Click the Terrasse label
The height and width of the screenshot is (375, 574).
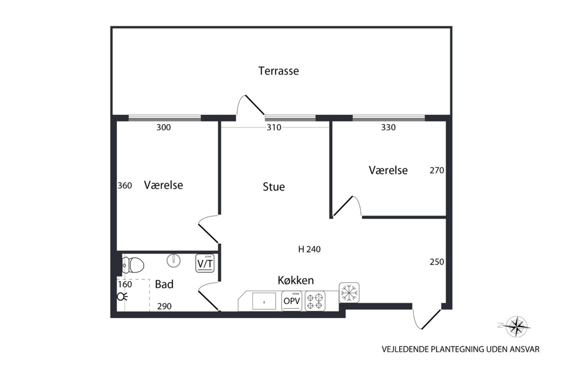[279, 71]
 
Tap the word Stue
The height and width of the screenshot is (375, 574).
[274, 187]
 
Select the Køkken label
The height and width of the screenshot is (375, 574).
[296, 280]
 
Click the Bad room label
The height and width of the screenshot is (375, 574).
[164, 284]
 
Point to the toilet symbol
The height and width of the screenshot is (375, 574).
[133, 265]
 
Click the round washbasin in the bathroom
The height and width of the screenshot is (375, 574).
[174, 261]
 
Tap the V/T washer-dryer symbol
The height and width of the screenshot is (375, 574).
[205, 263]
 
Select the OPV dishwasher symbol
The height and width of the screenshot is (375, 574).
[292, 301]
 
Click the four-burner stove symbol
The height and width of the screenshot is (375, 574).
[315, 301]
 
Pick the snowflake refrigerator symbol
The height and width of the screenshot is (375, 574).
[349, 293]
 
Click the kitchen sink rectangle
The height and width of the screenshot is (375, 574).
[264, 301]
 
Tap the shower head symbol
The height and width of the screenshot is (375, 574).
[122, 297]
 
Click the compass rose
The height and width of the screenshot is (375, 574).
[517, 326]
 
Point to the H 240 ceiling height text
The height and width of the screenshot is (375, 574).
[309, 249]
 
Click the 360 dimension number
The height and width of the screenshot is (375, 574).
[125, 185]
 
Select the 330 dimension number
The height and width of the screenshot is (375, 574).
[388, 127]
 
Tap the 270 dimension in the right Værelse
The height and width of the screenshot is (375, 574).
[437, 170]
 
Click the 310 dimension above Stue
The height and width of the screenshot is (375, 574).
[274, 127]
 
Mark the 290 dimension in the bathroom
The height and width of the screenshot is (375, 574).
[164, 306]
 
